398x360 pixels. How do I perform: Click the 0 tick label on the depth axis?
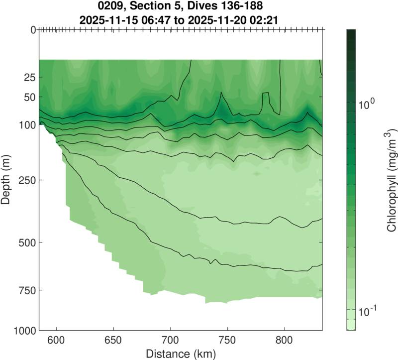click(x=33, y=30)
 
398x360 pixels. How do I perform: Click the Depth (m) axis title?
click(x=7, y=180)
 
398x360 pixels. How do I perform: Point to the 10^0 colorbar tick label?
click(x=368, y=103)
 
